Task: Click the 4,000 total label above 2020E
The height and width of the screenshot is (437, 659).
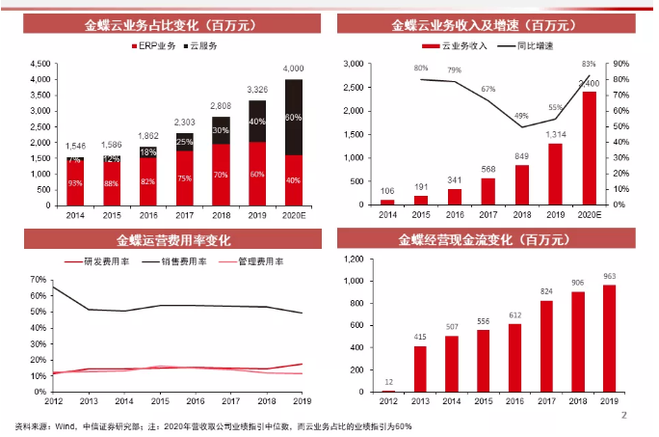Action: pos(293,68)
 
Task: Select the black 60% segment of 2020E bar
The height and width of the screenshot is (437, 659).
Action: pos(293,117)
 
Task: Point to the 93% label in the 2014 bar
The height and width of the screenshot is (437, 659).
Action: pos(74,183)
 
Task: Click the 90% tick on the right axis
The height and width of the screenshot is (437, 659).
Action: pos(623,64)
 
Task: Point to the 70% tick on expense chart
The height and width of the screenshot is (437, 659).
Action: pos(38,280)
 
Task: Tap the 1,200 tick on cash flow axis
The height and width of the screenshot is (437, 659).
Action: pos(356,259)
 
